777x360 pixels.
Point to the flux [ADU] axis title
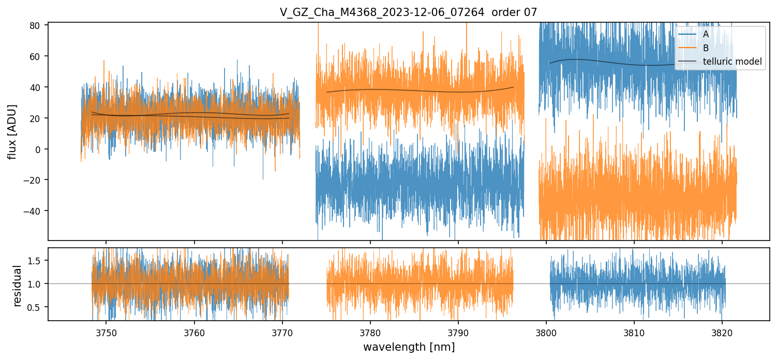pos(12,131)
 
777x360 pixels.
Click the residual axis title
pos(18,286)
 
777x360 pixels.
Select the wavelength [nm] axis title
pos(409,347)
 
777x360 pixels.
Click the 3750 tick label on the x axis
pos(107,332)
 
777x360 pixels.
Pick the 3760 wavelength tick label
pos(195,332)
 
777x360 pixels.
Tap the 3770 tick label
pos(282,332)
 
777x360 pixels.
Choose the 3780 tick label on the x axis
pos(370,332)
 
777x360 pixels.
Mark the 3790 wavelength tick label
pos(458,332)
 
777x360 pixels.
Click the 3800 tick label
pos(546,332)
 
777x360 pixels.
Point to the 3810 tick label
pos(634,332)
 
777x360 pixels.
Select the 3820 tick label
pos(722,332)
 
